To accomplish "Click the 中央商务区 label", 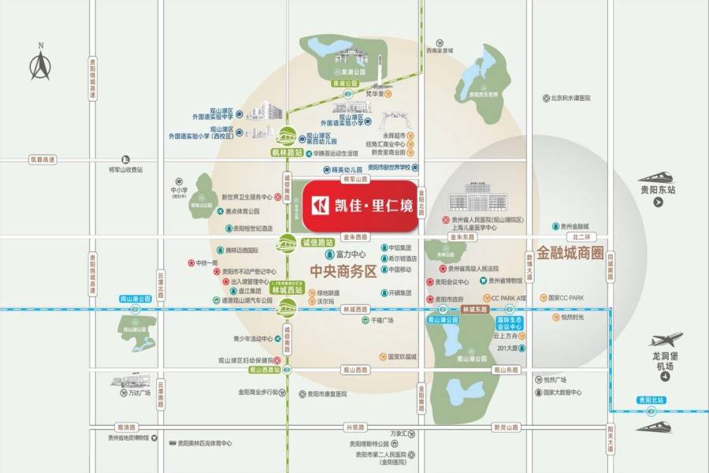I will [344, 273].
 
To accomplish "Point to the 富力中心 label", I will [351, 255].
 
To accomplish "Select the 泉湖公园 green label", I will [344, 83].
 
